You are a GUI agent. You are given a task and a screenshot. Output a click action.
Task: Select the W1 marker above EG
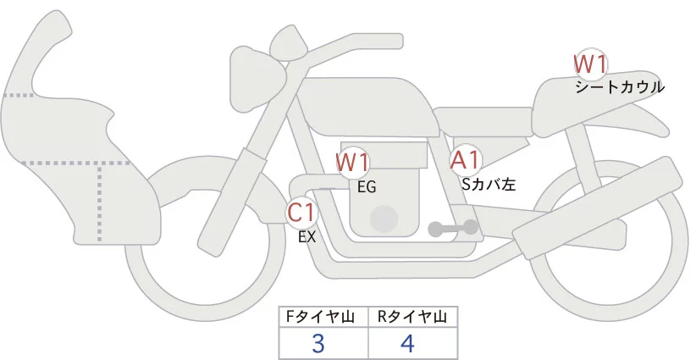(352, 162)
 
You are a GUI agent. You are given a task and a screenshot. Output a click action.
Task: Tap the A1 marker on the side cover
(466, 159)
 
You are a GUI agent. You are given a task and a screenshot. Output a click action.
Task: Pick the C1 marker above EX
(301, 212)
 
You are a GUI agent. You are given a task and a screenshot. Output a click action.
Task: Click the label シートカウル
(619, 87)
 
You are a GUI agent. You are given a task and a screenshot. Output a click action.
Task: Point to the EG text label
(367, 187)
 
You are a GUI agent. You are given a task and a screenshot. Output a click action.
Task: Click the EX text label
(307, 237)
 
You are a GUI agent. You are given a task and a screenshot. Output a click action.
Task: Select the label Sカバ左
(489, 182)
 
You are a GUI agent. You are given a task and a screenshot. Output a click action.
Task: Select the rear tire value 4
(408, 344)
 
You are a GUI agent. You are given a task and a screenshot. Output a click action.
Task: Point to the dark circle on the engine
(386, 218)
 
